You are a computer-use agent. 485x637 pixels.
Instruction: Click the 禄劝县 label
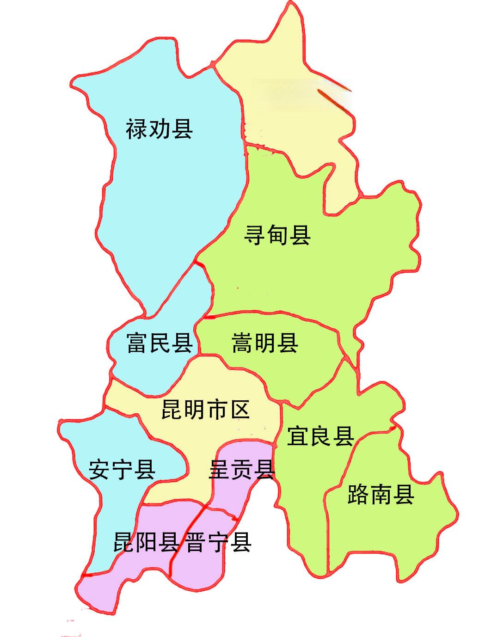pos(159,129)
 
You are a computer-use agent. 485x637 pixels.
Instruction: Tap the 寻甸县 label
pos(277,235)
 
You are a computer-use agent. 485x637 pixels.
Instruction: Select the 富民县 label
pos(160,343)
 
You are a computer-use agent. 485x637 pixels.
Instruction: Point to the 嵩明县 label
pos(265,343)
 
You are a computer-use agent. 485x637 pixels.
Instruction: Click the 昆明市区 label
pos(206,410)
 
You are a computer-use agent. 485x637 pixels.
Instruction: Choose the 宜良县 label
pos(320,436)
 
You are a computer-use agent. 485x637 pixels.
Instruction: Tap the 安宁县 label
pos(122,470)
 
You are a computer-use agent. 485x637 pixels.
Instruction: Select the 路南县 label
pos(381,494)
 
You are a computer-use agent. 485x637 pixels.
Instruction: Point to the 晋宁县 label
pos(219,542)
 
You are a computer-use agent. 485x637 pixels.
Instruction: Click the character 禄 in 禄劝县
pos(137,129)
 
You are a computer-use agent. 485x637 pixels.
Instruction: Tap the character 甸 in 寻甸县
pos(277,235)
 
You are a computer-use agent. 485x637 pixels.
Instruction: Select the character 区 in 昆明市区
pos(239,410)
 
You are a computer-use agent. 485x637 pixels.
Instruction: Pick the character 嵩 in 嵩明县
pos(243,343)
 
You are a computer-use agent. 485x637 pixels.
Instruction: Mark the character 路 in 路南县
pos(358,494)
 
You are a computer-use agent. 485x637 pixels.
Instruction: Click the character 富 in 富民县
pos(137,343)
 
